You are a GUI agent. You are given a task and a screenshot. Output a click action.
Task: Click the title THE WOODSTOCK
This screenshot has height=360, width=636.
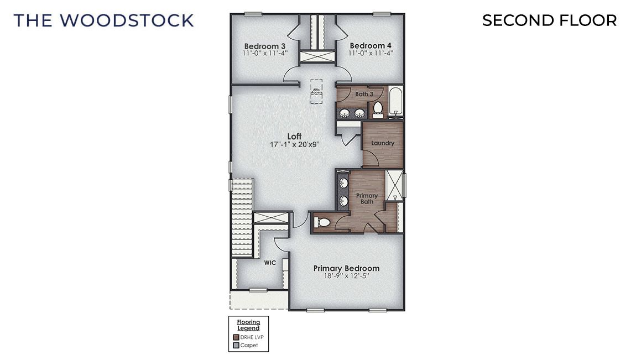(103, 20)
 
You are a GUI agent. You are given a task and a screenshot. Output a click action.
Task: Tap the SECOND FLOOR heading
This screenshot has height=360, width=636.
(549, 20)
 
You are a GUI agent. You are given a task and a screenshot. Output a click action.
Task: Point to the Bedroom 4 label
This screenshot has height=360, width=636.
(371, 46)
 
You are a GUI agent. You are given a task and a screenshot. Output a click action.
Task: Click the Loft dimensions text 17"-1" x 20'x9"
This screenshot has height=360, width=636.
(295, 144)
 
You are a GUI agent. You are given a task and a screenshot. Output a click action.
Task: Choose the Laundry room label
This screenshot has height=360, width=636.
(383, 143)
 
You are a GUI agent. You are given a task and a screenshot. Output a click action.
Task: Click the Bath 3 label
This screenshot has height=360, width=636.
(364, 94)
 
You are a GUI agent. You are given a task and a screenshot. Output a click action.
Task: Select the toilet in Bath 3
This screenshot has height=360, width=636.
(378, 108)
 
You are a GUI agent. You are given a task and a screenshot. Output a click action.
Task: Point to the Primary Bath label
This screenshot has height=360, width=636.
(367, 199)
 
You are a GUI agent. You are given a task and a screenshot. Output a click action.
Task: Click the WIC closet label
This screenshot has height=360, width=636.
(270, 263)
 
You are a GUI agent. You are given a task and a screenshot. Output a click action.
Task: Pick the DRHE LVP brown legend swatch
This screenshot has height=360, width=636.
(236, 337)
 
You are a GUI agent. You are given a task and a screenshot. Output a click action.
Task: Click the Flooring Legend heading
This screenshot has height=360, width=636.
(248, 325)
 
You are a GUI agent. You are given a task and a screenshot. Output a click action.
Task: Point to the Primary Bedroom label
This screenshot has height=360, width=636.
(346, 268)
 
